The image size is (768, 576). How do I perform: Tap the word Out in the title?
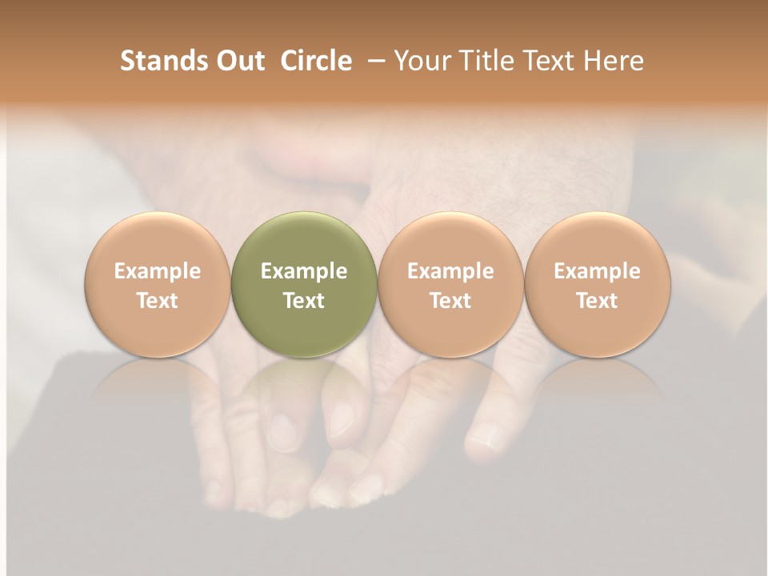(238, 61)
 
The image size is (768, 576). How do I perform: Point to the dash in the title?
(373, 61)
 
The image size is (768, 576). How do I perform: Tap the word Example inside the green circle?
(304, 271)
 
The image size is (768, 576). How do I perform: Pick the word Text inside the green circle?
(304, 301)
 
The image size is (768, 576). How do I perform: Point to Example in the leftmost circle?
(158, 271)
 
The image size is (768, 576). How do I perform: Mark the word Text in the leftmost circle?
(158, 301)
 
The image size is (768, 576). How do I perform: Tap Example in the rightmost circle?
(598, 271)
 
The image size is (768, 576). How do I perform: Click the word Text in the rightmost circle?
(598, 301)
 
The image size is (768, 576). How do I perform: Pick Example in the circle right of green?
(450, 271)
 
